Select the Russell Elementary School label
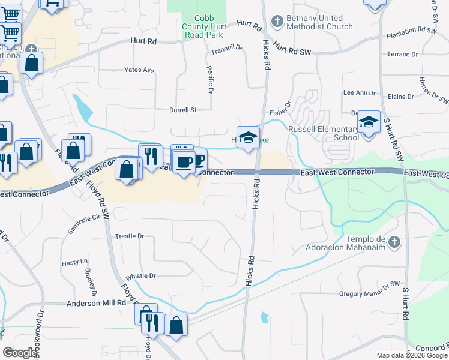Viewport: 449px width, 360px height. (x=324, y=133)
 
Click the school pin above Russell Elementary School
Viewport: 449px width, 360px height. (x=369, y=122)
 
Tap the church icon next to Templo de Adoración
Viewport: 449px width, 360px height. (x=394, y=242)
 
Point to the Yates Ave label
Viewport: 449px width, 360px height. (x=139, y=70)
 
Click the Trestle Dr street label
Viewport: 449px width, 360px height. (x=129, y=236)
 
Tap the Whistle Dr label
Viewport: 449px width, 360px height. (x=140, y=276)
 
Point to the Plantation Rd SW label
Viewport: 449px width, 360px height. (x=411, y=30)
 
